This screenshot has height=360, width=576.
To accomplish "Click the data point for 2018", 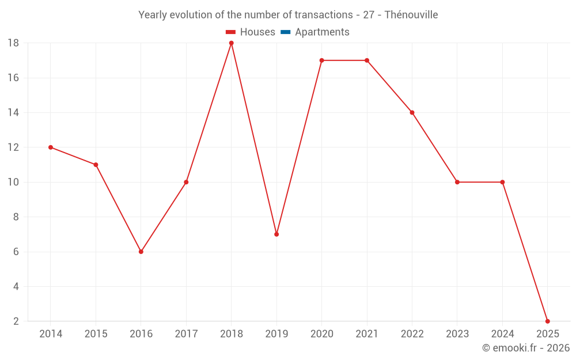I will point(231,43).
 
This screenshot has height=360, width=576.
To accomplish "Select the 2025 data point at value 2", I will point(547,321).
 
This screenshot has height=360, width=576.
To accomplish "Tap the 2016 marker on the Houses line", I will point(141,252).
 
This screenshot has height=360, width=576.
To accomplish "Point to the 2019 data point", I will point(276,234).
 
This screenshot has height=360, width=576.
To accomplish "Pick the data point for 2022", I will point(412,112).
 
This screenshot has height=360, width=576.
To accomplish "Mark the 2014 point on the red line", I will point(51,147).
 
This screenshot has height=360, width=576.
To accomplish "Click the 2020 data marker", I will point(321,60).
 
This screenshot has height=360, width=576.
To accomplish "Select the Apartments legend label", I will point(322,32).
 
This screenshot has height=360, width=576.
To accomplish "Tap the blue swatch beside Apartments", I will point(285,32).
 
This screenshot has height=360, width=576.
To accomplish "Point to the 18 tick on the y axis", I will point(13,43).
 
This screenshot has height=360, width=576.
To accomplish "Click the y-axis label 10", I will point(13,182).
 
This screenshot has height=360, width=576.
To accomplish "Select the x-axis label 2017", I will point(186,334).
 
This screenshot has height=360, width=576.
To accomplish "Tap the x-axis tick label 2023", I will point(457,334).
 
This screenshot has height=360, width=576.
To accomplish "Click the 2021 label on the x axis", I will point(367,334).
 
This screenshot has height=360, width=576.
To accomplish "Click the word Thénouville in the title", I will point(411,15).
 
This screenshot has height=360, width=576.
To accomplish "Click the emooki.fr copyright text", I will point(525,348).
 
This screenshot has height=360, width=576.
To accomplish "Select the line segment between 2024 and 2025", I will point(525,252).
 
